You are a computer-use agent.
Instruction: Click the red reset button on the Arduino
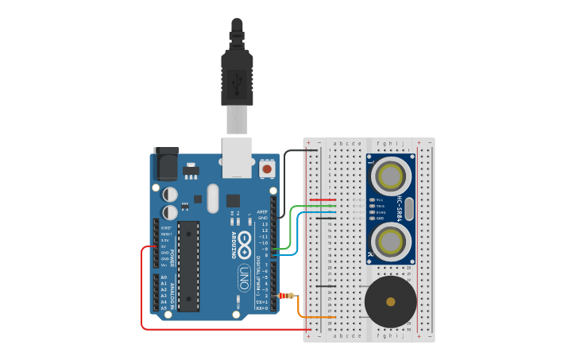pos(267,169)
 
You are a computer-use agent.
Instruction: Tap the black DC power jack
pos(167,165)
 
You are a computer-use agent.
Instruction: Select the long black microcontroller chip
pos(189,266)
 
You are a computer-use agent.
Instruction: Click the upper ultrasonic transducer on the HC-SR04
pos(390,175)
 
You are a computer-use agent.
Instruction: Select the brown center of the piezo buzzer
pos(390,302)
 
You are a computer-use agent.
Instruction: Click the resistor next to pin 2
pos(286,296)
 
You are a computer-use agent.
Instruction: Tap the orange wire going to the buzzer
pos(301,311)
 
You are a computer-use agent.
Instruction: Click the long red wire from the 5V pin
pos(142,294)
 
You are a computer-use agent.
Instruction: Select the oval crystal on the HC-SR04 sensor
pos(408,208)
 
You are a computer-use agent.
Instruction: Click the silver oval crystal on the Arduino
pos(212,199)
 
